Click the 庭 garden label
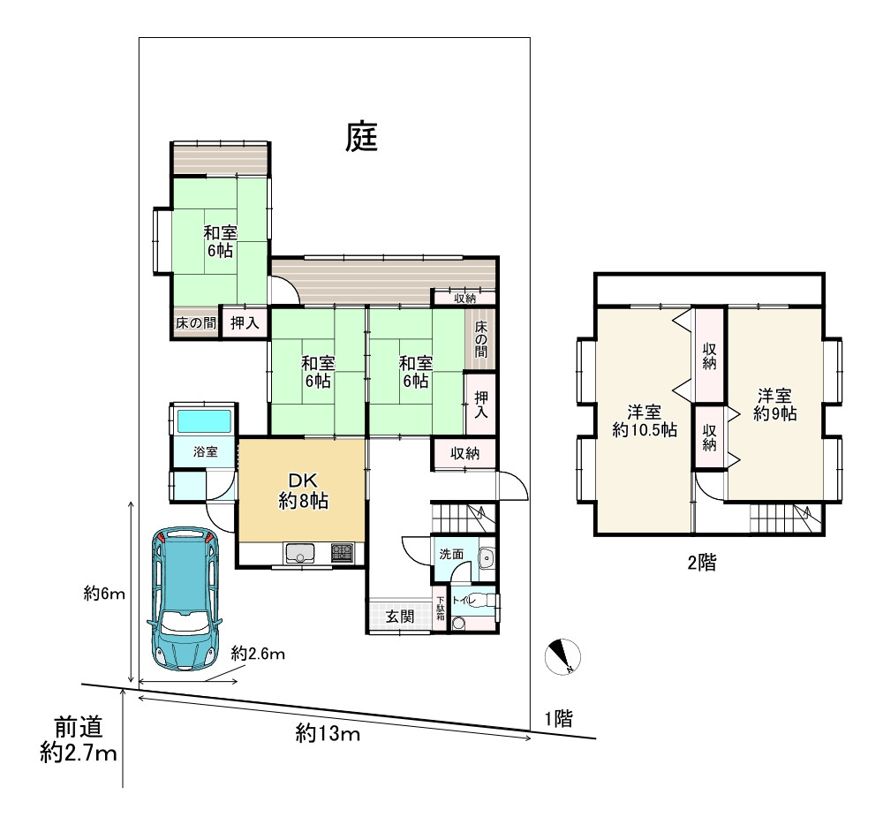click(x=361, y=138)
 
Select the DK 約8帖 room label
click(x=303, y=490)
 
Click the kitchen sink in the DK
click(x=299, y=553)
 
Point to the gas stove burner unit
click(x=342, y=552)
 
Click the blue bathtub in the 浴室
click(x=204, y=421)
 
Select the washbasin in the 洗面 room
click(x=486, y=559)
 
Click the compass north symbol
click(x=562, y=656)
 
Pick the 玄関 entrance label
click(x=400, y=616)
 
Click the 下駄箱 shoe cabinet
click(x=441, y=609)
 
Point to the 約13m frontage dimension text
click(x=328, y=733)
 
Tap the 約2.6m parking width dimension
click(x=258, y=654)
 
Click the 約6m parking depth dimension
click(x=104, y=593)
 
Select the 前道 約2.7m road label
click(x=79, y=738)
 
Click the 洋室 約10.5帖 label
click(x=645, y=420)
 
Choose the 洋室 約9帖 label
click(x=775, y=405)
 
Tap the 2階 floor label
click(x=702, y=562)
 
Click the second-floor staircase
click(x=785, y=518)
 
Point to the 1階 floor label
click(x=559, y=719)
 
